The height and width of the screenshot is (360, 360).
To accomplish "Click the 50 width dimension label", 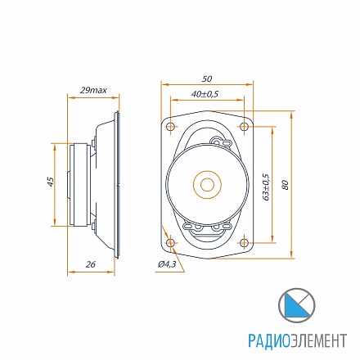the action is pos(207,79).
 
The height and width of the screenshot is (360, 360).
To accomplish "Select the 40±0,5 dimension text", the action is pos(205,94).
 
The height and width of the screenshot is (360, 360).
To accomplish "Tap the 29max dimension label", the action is pos(93,90).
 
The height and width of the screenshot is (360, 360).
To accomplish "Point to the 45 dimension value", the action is pos(51,182).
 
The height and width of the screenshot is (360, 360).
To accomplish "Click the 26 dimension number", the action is pos(91,264).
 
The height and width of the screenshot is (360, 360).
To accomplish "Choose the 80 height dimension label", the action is pos(285,185).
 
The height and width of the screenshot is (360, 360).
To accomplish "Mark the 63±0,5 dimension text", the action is pos(266,187).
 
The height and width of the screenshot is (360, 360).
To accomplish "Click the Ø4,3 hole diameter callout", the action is pos(167,264).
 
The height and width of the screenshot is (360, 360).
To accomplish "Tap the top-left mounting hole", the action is pos(171,127).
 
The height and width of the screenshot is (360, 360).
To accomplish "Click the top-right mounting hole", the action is pos(244,127).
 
